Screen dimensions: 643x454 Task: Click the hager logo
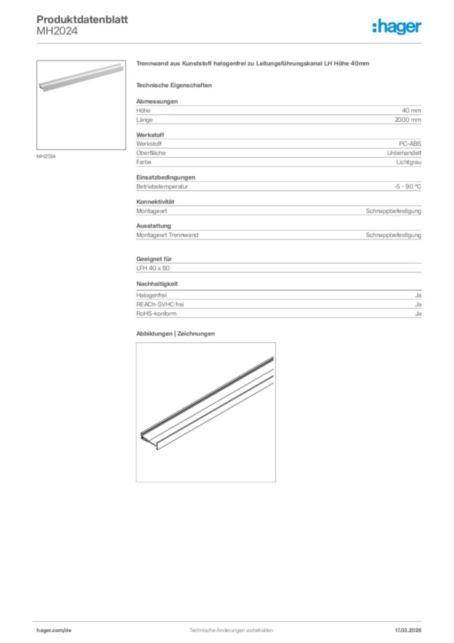pyautogui.click(x=396, y=26)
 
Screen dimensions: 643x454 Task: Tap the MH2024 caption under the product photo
pyautogui.click(x=46, y=156)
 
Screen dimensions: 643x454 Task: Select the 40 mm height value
pyautogui.click(x=411, y=111)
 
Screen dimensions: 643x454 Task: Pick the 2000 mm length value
pyautogui.click(x=408, y=119)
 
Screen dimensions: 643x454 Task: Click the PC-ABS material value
pyautogui.click(x=410, y=144)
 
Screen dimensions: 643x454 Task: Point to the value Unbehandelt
pyautogui.click(x=404, y=153)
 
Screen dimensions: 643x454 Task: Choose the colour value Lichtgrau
pyautogui.click(x=408, y=162)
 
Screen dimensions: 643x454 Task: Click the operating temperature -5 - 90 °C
pyautogui.click(x=403, y=186)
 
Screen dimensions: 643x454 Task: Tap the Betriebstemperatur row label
pyautogui.click(x=162, y=186)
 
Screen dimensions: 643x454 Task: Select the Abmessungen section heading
pyautogui.click(x=157, y=101)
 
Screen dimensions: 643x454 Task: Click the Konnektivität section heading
pyautogui.click(x=155, y=202)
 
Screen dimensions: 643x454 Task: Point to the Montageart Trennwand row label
pyautogui.click(x=167, y=235)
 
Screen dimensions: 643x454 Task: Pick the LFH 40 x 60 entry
pyautogui.click(x=153, y=268)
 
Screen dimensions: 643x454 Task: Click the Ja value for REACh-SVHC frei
pyautogui.click(x=418, y=304)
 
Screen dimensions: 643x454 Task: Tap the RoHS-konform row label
pyautogui.click(x=156, y=313)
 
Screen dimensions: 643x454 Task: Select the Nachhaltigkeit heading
pyautogui.click(x=157, y=284)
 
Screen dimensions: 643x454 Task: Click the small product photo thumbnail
pyautogui.click(x=81, y=104)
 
